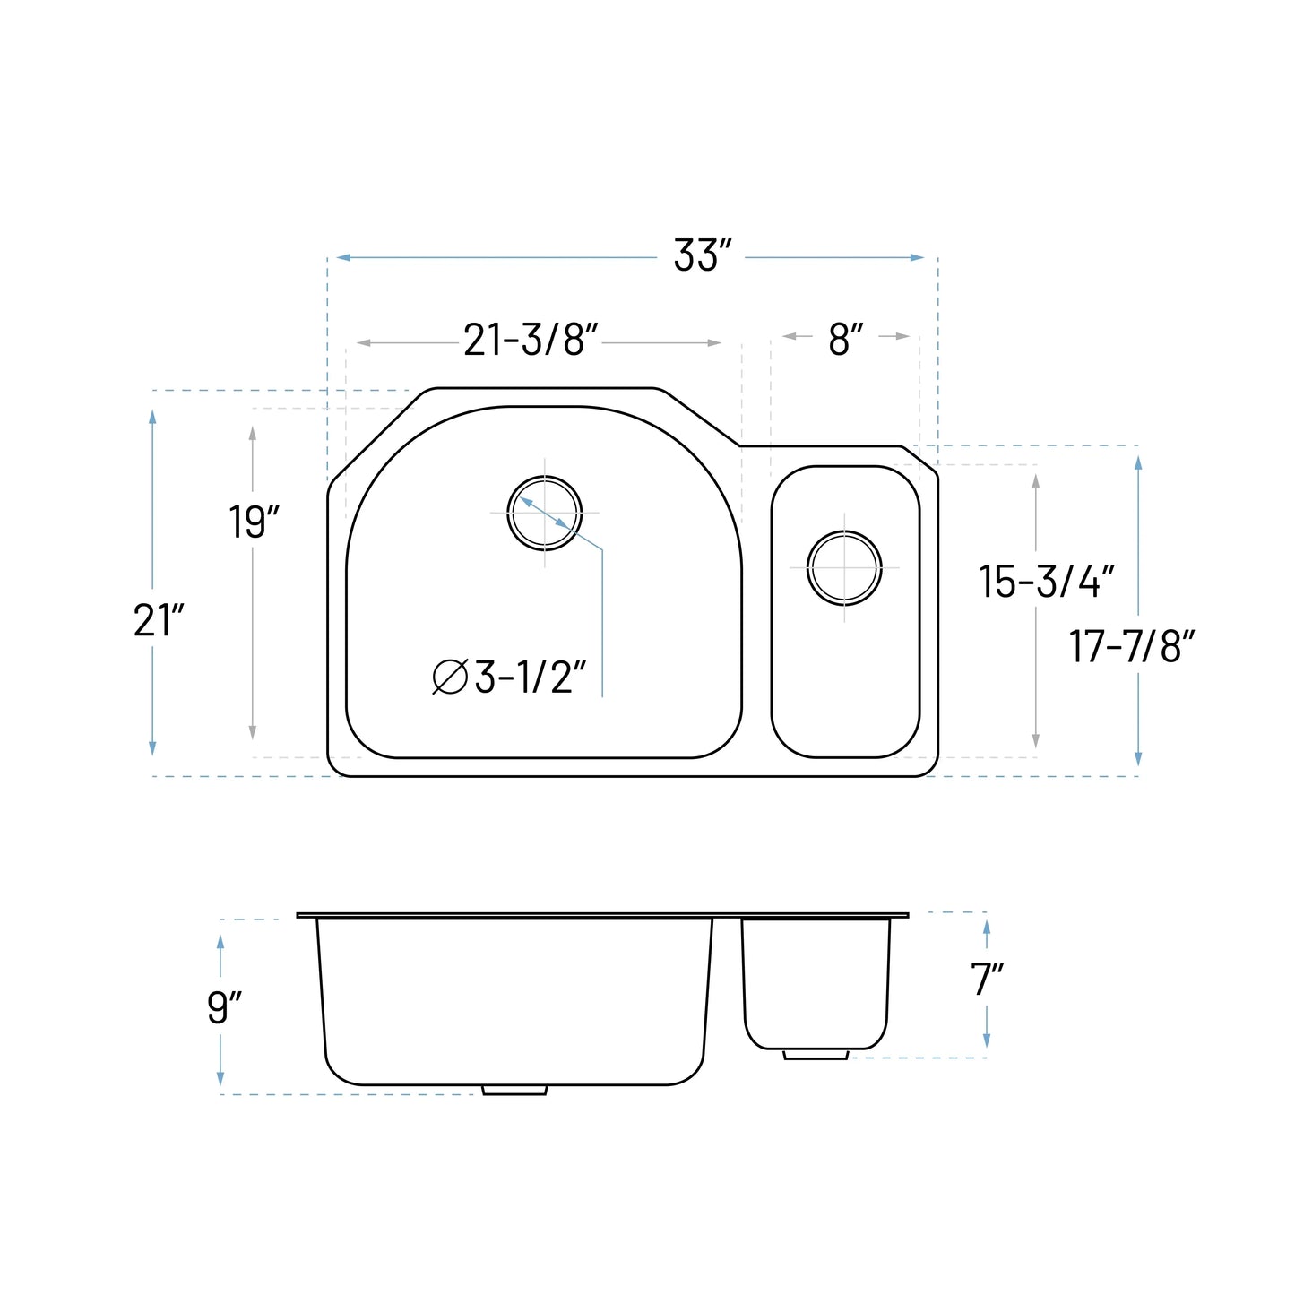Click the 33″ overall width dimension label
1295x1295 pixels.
point(702,256)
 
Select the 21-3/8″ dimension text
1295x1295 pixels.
point(531,340)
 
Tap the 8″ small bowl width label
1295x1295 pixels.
point(845,340)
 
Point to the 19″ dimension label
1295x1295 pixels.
point(254,522)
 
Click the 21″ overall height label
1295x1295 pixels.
point(159,620)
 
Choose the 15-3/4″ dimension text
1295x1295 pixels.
point(1047,582)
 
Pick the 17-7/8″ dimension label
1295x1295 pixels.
point(1132,647)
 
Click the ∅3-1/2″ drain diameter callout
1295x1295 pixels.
point(509,677)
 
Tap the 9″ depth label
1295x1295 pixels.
point(224,1007)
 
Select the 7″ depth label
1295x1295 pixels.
point(988,980)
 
